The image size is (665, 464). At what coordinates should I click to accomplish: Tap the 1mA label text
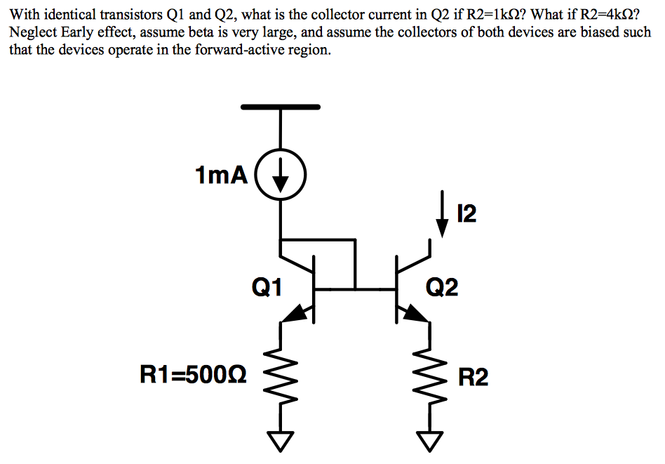pos(222,175)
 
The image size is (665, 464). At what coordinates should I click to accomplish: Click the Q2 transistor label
pos(442,286)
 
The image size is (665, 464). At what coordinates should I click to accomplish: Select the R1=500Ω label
pos(194,377)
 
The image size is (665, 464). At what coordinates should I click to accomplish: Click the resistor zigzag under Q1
pos(281,379)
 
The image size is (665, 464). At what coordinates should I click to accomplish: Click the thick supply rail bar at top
pos(281,107)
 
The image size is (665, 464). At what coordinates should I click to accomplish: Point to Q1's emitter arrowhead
pos(297,314)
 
